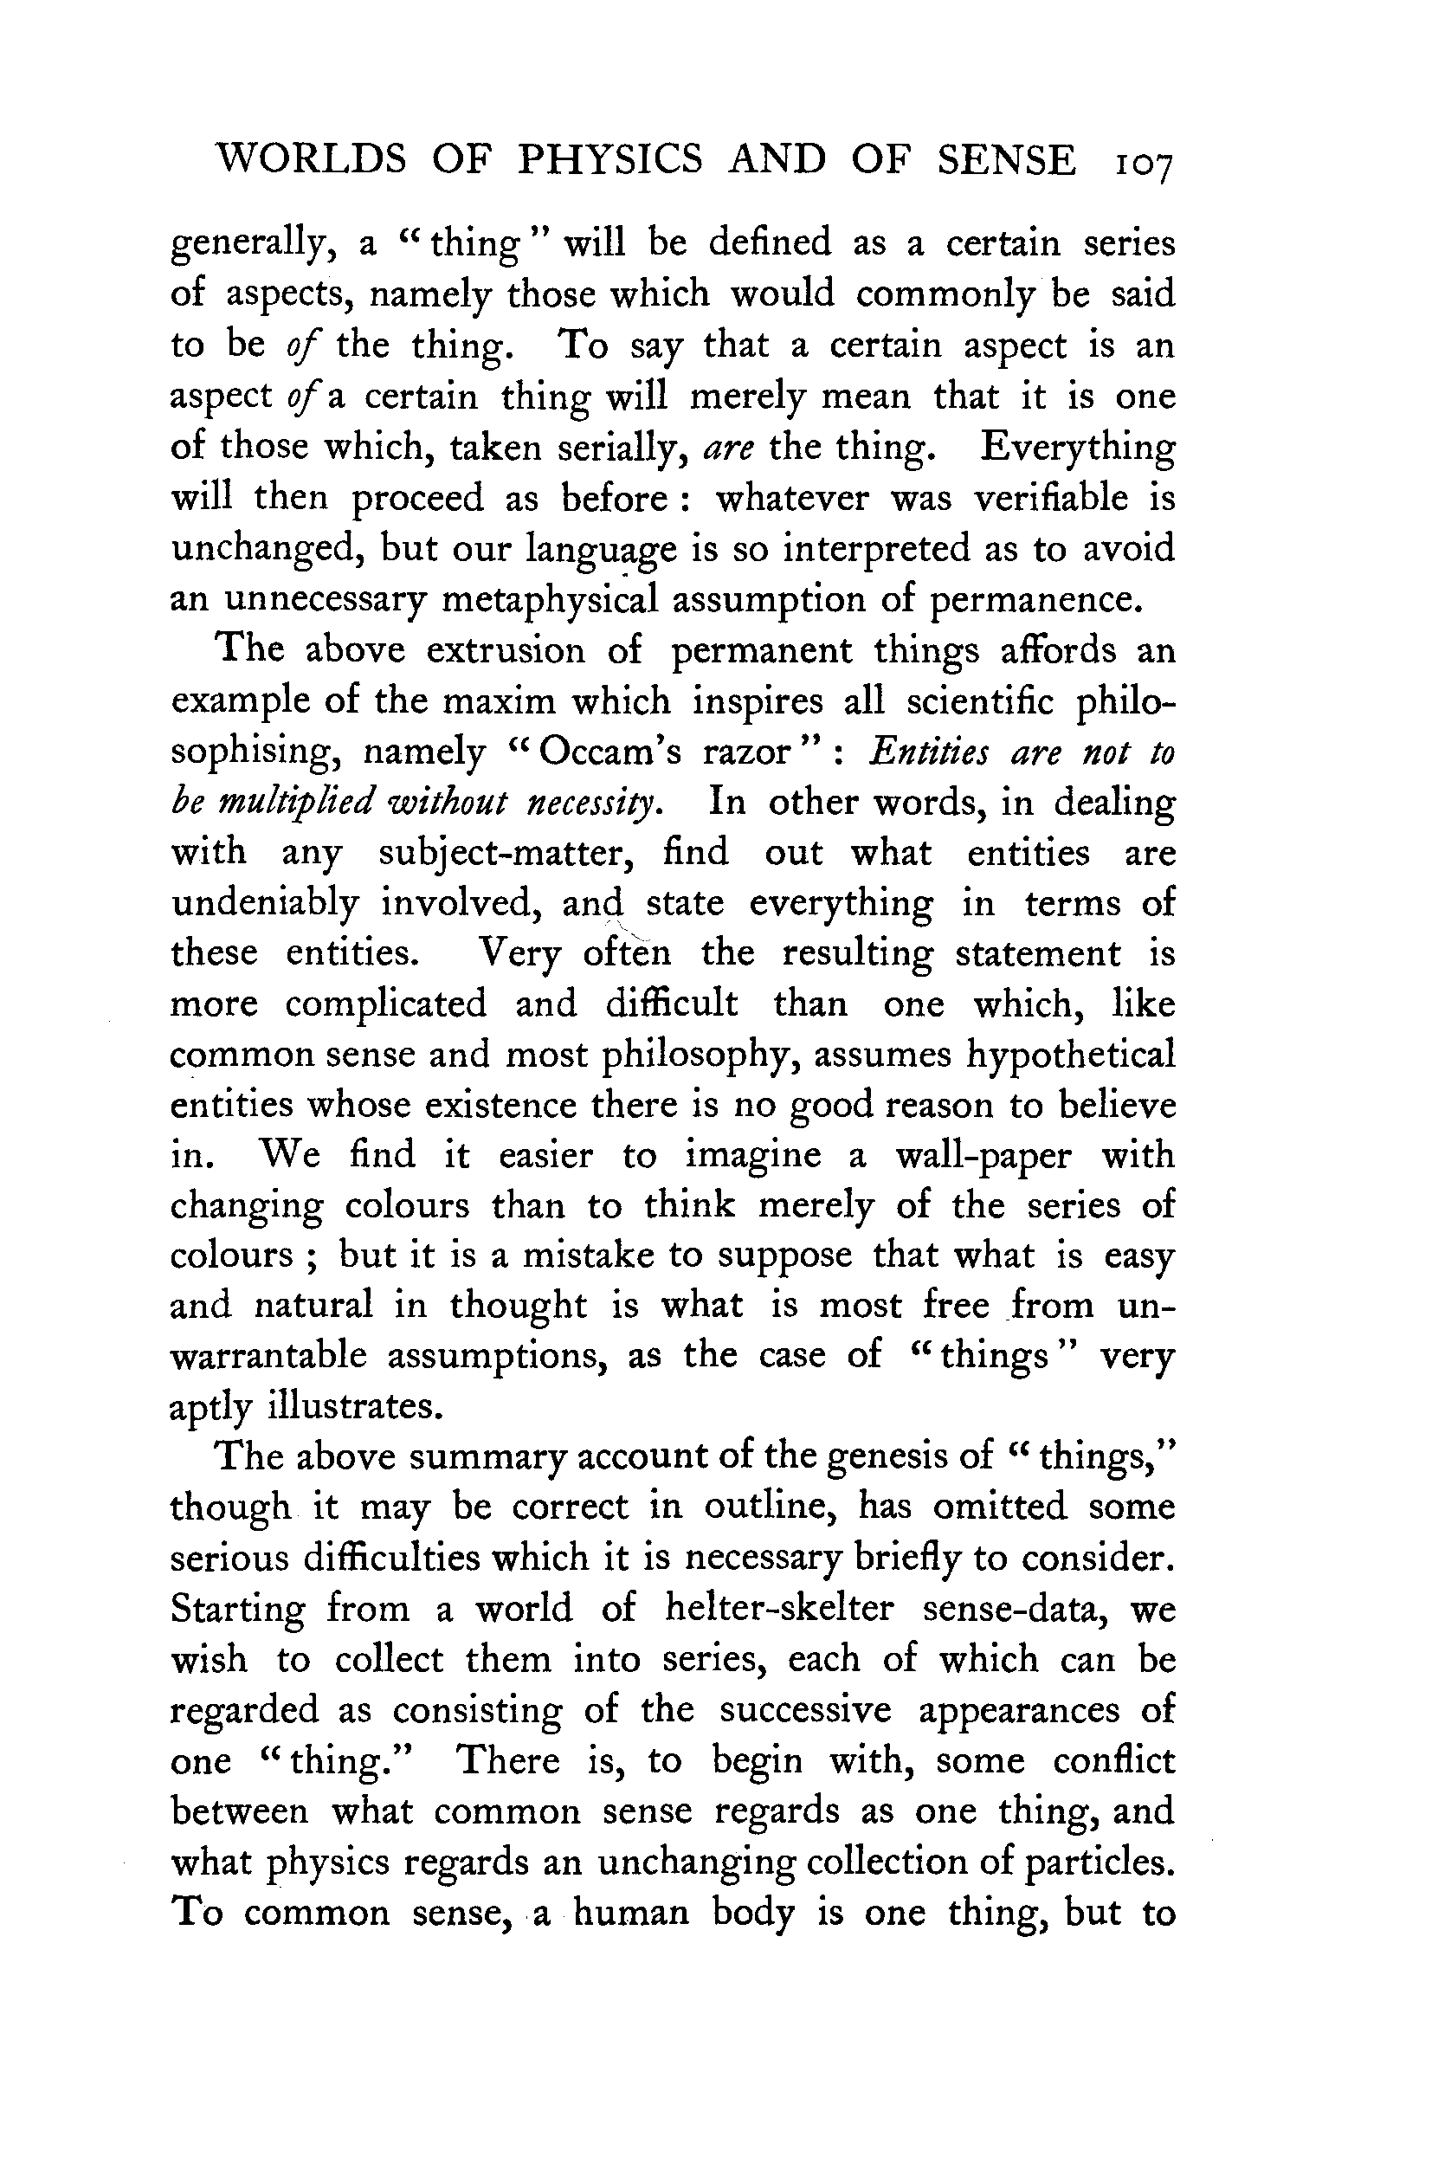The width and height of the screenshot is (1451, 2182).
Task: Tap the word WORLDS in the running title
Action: (310, 160)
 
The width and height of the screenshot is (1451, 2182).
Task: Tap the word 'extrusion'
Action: (506, 650)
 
